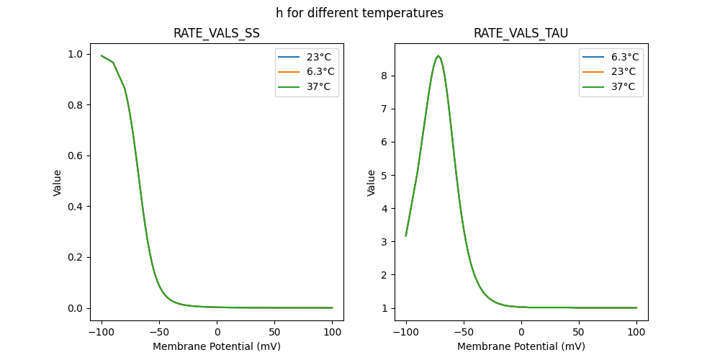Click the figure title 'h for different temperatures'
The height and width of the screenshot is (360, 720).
[359, 13]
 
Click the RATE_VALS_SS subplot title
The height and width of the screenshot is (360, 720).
[217, 33]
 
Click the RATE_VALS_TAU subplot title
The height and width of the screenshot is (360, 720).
[521, 33]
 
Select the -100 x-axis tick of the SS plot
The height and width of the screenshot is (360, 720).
[102, 332]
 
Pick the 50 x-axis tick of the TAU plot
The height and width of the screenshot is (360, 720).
[579, 332]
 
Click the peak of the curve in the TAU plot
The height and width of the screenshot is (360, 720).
[438, 55]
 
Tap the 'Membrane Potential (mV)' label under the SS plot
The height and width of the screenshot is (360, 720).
[217, 346]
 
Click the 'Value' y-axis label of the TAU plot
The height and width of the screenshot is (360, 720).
[372, 183]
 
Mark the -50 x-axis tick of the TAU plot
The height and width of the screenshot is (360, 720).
[464, 332]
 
